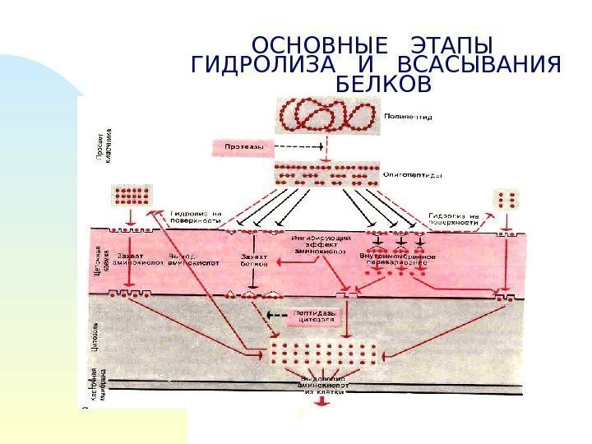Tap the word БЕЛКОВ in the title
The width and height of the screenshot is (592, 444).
[x=384, y=85]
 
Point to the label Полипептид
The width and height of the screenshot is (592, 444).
[x=409, y=116]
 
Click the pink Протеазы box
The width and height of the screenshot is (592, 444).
[x=240, y=148]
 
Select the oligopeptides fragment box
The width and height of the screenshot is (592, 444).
[x=326, y=174]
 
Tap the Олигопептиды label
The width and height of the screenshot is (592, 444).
[x=414, y=175]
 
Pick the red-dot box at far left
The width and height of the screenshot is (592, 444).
[x=132, y=196]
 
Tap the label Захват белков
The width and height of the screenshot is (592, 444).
[x=254, y=261]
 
